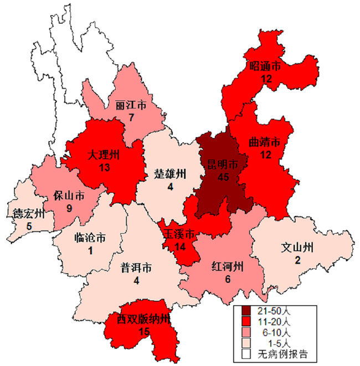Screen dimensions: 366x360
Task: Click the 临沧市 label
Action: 90,239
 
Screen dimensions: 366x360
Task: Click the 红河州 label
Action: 227,267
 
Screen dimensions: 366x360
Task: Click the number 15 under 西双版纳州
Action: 144,331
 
